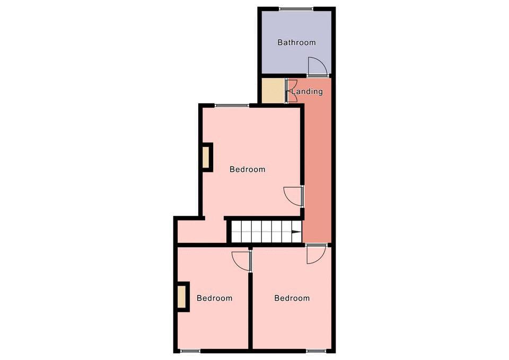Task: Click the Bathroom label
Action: tap(296, 42)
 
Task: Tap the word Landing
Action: tap(307, 92)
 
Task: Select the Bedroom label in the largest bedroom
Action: tap(248, 169)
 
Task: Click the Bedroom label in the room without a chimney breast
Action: tap(292, 298)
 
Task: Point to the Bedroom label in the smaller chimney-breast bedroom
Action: tap(215, 298)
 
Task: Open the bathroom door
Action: tap(318, 67)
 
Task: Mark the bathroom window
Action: tap(296, 9)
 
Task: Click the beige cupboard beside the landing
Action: tap(273, 91)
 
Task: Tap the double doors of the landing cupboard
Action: tap(291, 91)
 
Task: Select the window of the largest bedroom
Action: tap(232, 105)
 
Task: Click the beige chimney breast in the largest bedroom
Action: tap(206, 157)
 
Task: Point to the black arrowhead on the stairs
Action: tap(296, 232)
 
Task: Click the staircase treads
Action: tap(266, 232)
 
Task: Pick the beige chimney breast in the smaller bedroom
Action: tap(181, 297)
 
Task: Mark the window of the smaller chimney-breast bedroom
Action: tap(190, 351)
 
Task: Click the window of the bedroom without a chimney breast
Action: tap(316, 351)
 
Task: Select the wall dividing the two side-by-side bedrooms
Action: tap(250, 311)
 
